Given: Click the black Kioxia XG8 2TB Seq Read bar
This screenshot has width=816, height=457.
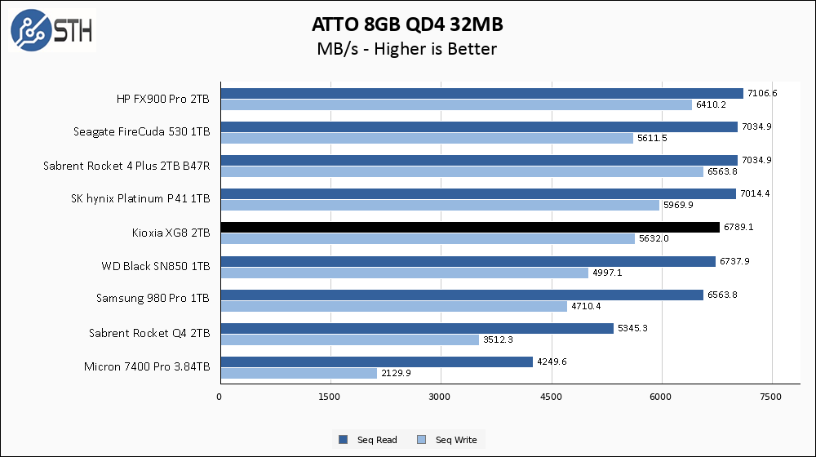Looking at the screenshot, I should [x=469, y=228].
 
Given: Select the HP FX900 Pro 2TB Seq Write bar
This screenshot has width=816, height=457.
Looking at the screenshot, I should [x=456, y=105].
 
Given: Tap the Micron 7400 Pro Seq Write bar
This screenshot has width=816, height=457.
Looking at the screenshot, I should [x=298, y=373].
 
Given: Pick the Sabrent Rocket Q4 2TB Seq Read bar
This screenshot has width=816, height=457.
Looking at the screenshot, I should [x=416, y=328].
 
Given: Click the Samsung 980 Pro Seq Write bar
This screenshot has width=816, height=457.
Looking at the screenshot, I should [x=393, y=306].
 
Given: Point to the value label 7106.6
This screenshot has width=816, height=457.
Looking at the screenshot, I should [x=762, y=93].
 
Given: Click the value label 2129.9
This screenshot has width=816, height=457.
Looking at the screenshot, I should [x=396, y=373].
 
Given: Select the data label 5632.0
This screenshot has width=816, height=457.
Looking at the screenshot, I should [x=654, y=239].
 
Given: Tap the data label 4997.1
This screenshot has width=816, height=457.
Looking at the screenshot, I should [x=606, y=273].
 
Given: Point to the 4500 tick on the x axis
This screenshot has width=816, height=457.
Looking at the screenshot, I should [x=552, y=397].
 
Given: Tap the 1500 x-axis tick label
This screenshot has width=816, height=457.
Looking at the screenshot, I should [x=330, y=397].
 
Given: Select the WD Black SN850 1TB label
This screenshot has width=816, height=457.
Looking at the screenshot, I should [x=155, y=266].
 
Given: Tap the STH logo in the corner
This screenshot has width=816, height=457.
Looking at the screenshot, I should [x=52, y=31].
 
